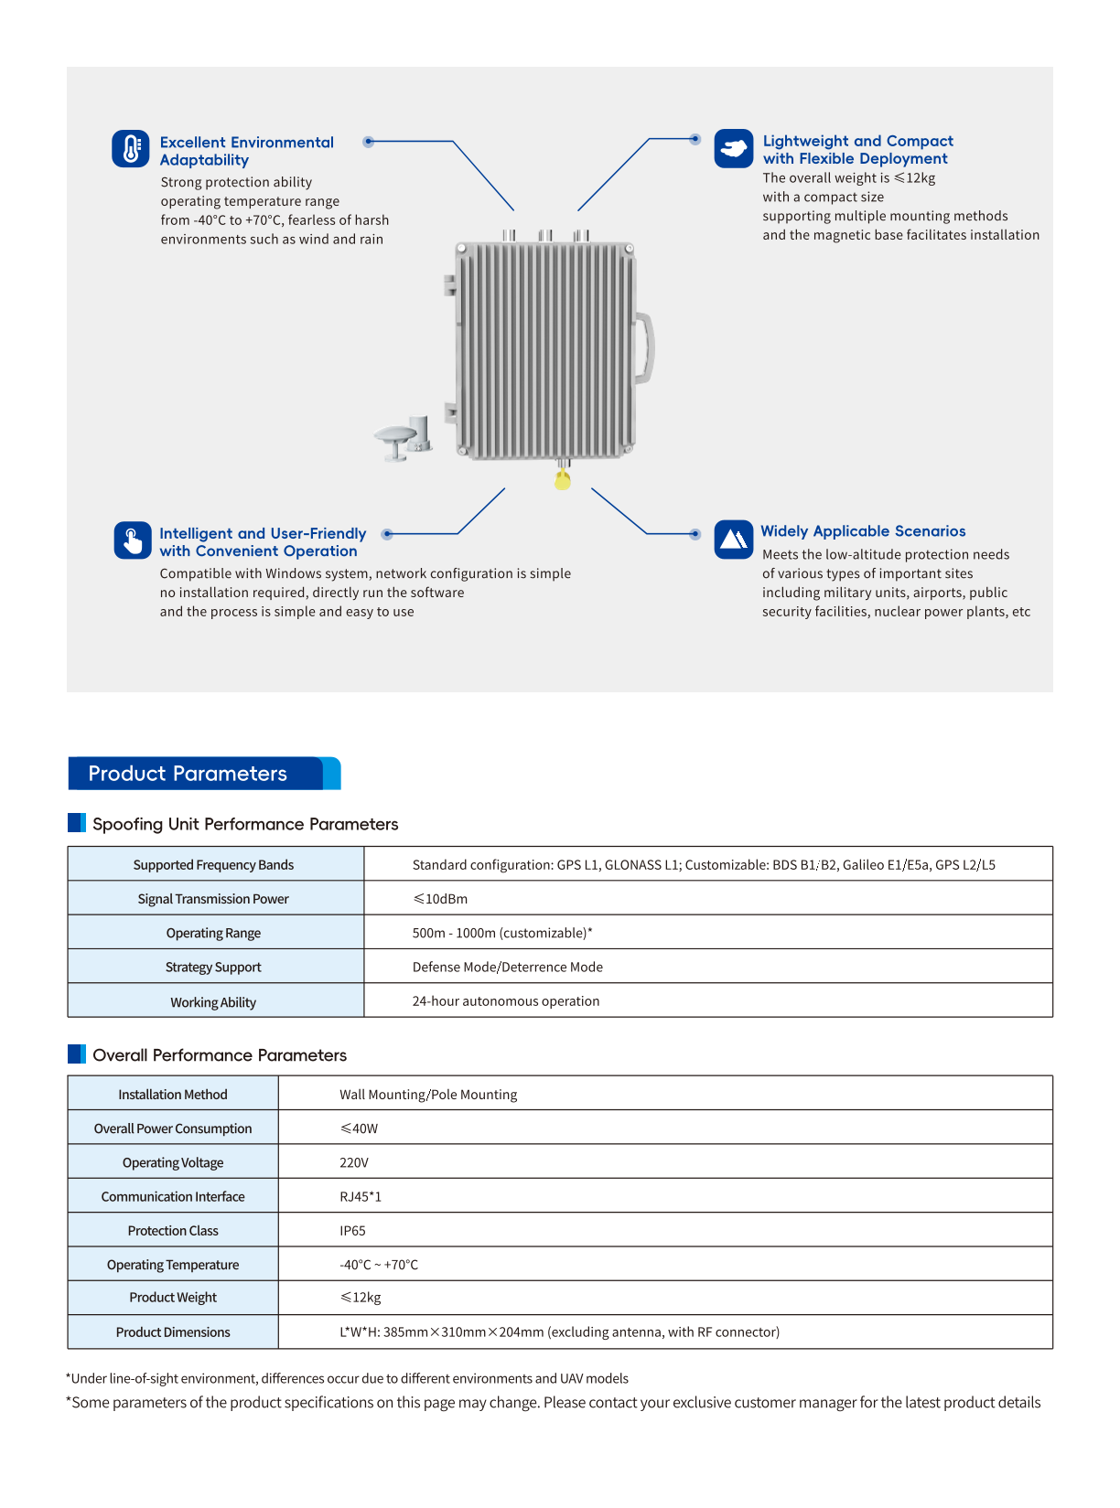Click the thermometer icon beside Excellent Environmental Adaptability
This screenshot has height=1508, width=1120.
(x=131, y=148)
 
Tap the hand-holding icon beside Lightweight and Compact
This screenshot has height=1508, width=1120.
(x=734, y=148)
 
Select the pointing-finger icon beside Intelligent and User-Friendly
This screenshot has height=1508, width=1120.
(x=133, y=540)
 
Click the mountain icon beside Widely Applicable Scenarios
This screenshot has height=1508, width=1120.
(x=734, y=540)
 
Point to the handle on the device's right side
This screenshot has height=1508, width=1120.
(x=646, y=348)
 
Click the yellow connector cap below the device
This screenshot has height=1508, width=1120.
(x=563, y=480)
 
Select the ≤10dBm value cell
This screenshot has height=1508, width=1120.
(x=440, y=899)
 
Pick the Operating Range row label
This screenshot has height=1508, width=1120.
(x=213, y=933)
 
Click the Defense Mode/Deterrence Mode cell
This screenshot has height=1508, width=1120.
(x=507, y=967)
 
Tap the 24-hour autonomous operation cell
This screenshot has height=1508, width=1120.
(x=505, y=1001)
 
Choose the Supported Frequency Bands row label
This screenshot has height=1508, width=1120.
(x=213, y=865)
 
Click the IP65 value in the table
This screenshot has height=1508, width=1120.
(x=352, y=1231)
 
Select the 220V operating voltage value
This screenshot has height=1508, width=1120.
(x=353, y=1162)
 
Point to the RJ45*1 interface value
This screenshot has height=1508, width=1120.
(x=360, y=1197)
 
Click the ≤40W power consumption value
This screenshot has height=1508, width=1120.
(x=359, y=1128)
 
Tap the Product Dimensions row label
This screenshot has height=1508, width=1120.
(x=173, y=1332)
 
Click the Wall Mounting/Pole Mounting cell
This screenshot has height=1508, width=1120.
(x=428, y=1095)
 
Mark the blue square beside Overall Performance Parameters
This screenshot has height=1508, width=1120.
(x=77, y=1054)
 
